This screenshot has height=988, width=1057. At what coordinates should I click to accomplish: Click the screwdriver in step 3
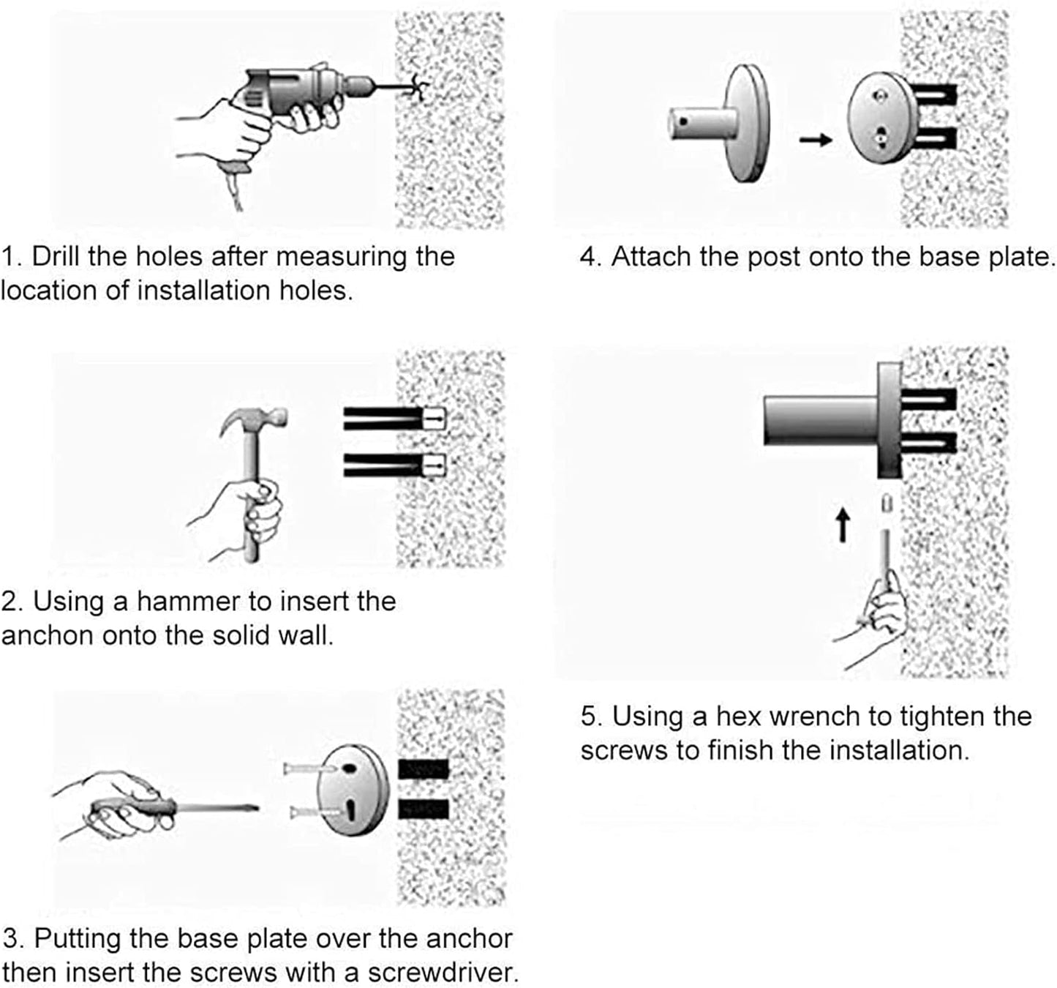pos(183,808)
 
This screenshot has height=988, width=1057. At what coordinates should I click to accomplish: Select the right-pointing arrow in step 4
pos(816,139)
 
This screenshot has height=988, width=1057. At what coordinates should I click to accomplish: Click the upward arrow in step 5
pos(843,525)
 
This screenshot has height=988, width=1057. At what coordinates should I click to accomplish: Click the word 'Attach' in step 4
pos(650,257)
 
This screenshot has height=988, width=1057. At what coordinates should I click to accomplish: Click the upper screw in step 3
pos(311,768)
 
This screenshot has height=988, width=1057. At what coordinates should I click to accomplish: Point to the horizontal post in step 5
pos(819,420)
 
